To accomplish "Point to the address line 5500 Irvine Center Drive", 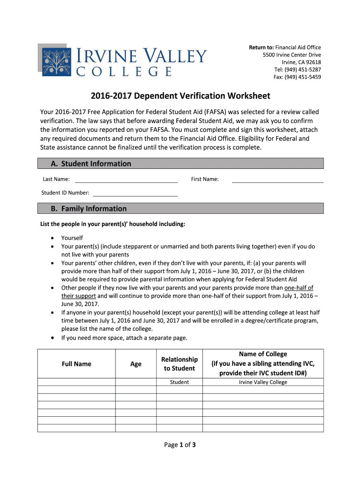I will [292, 55].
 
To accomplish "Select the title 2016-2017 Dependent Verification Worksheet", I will [180, 96].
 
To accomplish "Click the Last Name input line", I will [126, 180].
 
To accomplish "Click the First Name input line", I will [277, 180].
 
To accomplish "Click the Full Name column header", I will [76, 364].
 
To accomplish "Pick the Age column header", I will [136, 364].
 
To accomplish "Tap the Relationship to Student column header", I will [180, 364].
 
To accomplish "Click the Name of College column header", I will [263, 363].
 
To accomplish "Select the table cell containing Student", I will [180, 382].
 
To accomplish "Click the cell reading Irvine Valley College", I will [263, 382].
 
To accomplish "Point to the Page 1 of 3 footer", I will [180, 445].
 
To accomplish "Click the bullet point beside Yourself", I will [52, 238].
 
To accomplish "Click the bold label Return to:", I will [261, 47].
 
